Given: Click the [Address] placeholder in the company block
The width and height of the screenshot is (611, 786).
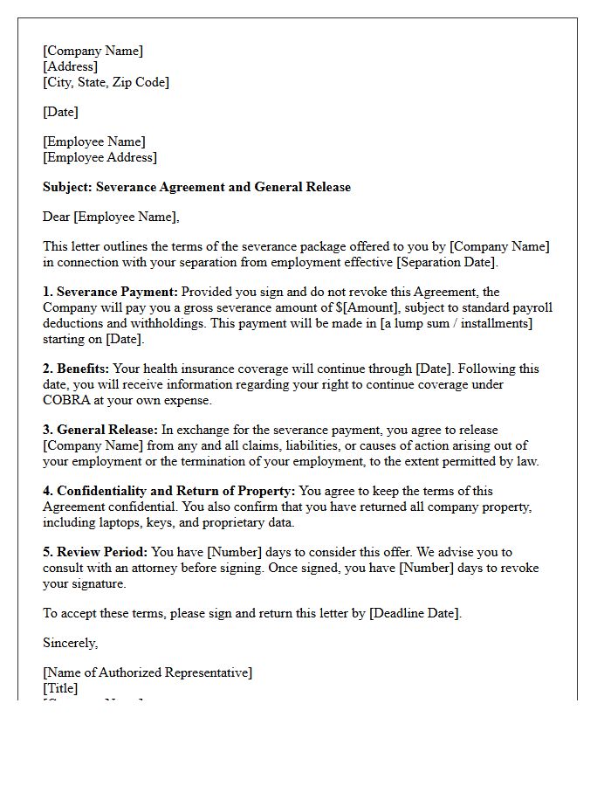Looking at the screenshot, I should (x=71, y=66).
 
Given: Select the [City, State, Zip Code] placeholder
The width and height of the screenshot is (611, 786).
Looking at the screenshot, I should (x=106, y=82).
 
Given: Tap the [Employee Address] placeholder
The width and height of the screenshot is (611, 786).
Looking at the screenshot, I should (x=100, y=157).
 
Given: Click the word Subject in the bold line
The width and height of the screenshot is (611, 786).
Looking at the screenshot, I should (x=67, y=187).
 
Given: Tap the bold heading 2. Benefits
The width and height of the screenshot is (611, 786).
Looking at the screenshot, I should (x=76, y=369).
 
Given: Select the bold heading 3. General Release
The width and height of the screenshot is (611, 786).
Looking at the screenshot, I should (x=100, y=430).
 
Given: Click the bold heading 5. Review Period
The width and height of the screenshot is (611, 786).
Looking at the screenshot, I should (x=95, y=552).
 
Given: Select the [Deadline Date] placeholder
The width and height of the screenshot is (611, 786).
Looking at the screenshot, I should (x=414, y=613).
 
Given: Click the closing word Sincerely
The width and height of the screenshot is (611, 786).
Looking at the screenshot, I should (x=70, y=643).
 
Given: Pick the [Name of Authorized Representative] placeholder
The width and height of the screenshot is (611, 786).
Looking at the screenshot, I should (x=148, y=672).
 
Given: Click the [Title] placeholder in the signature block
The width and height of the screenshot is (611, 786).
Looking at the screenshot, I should (x=60, y=688).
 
